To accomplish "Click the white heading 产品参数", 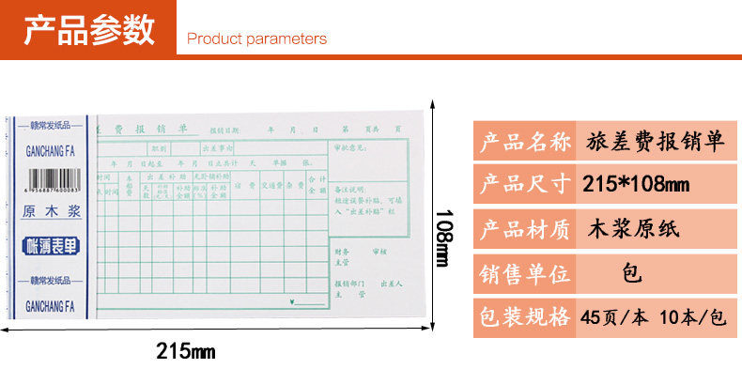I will click(x=89, y=30).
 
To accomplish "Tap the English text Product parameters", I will click(x=256, y=39).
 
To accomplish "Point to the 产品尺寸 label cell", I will click(x=525, y=184).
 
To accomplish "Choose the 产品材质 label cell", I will click(x=525, y=227).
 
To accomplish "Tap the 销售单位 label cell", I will click(x=525, y=273).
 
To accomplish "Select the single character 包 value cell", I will click(x=631, y=273).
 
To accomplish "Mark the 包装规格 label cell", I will click(x=525, y=316).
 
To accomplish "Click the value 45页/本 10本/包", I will click(x=654, y=316).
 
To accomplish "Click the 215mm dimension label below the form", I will click(x=185, y=352).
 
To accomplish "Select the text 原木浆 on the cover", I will click(x=52, y=213).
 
